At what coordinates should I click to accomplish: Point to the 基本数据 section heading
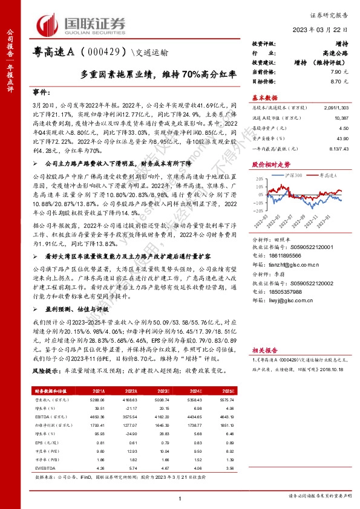tap(264, 97)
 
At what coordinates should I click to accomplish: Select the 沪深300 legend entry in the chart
tap(289, 174)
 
